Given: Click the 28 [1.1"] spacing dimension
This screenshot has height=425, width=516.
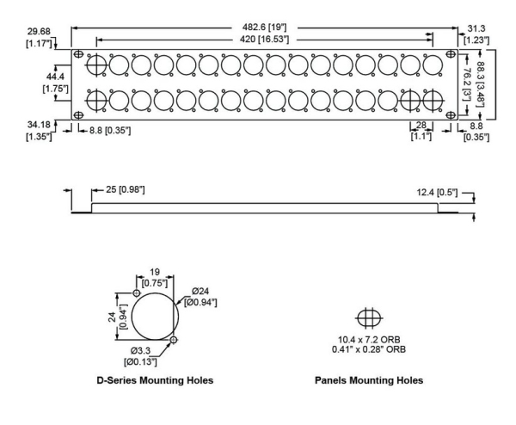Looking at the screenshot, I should pos(420,131).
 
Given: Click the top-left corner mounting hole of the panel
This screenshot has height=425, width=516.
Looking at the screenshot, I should pos(79,53).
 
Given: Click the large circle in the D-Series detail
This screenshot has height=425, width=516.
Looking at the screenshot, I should pos(156,317).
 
